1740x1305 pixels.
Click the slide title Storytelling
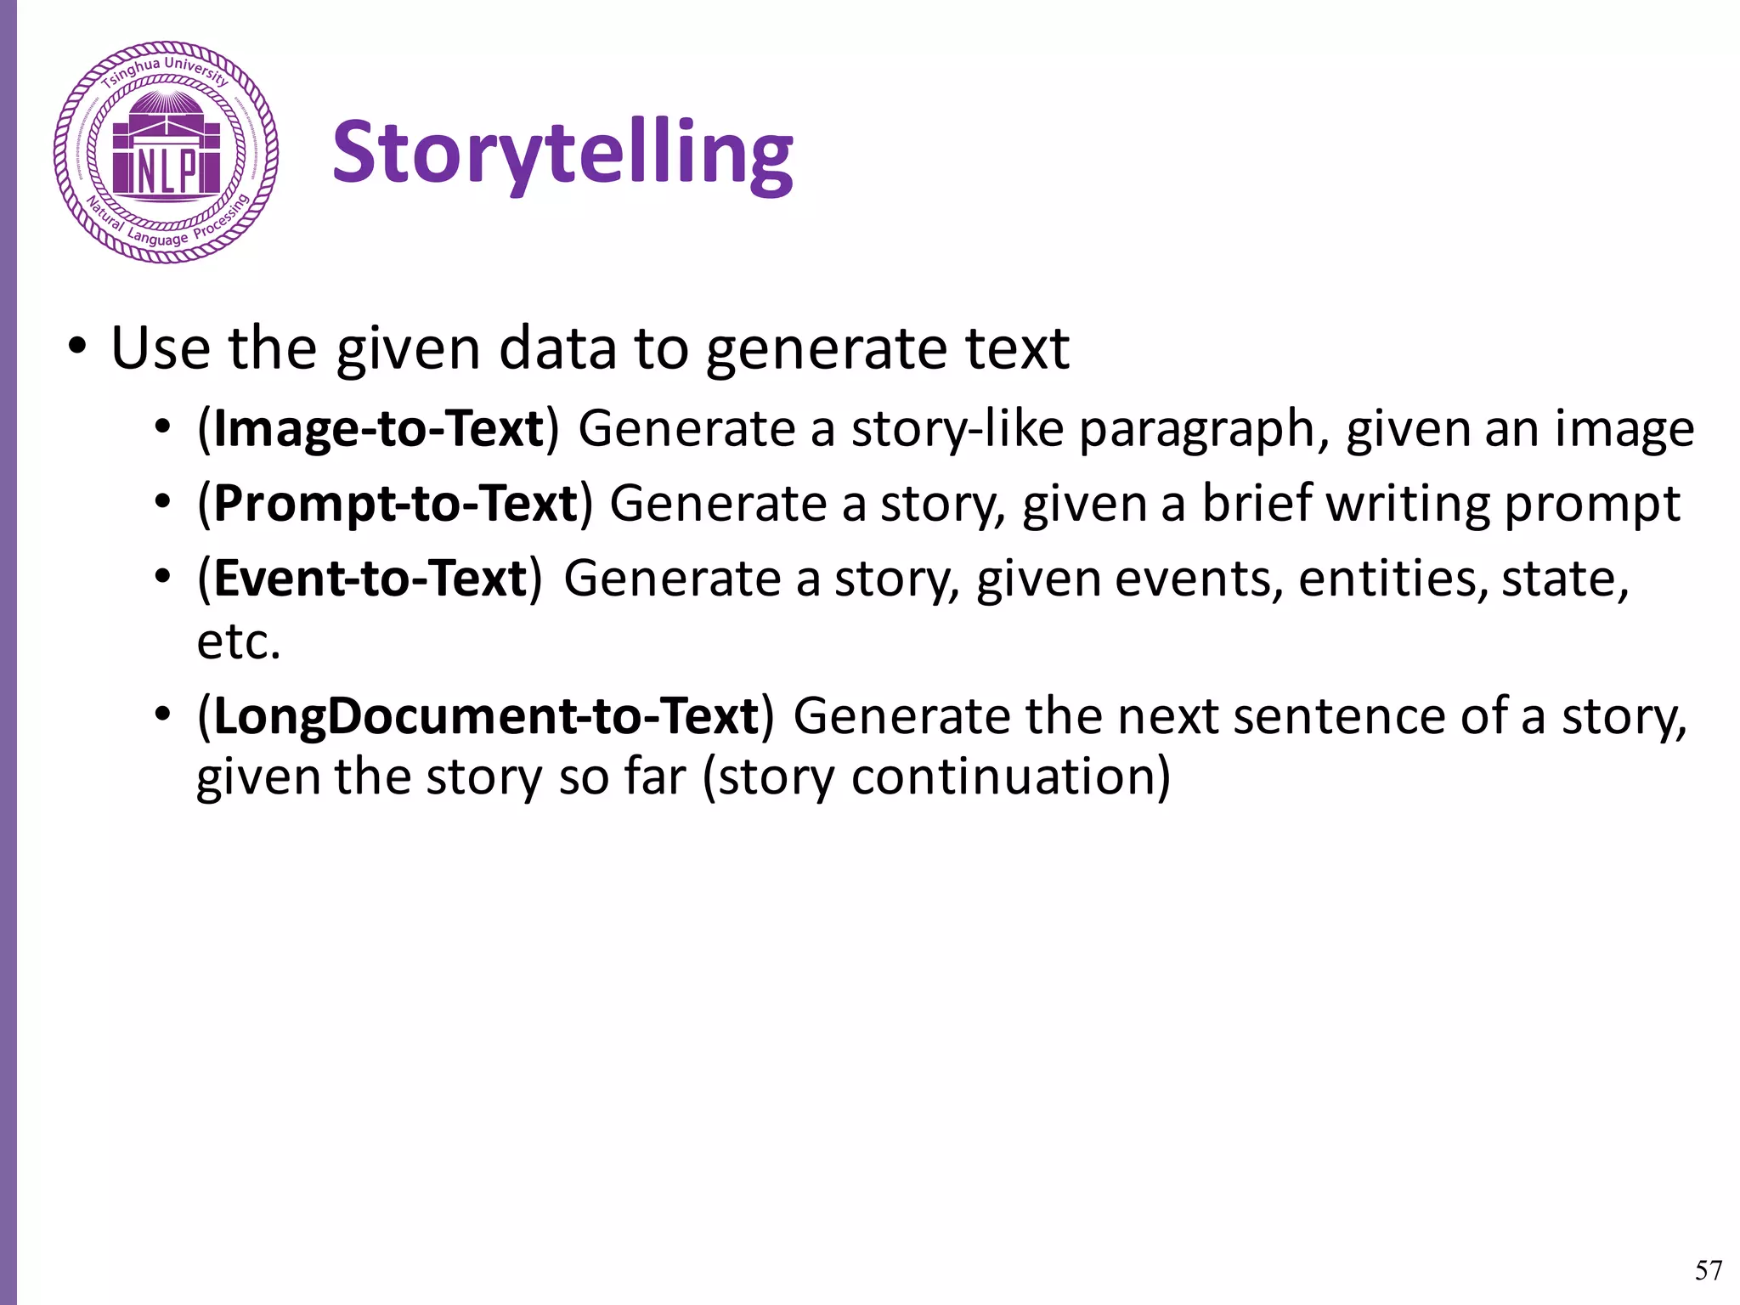(x=562, y=153)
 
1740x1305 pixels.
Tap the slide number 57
(x=1708, y=1270)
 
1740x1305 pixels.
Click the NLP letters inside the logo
(x=166, y=172)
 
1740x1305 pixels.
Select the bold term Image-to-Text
(x=378, y=428)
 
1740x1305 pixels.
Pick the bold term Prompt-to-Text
(x=395, y=503)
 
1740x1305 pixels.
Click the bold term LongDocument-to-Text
(x=485, y=715)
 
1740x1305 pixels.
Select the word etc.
(x=238, y=641)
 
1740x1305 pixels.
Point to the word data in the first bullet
(x=556, y=348)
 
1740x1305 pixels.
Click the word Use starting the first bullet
(x=161, y=348)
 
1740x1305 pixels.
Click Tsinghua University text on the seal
(x=166, y=70)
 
